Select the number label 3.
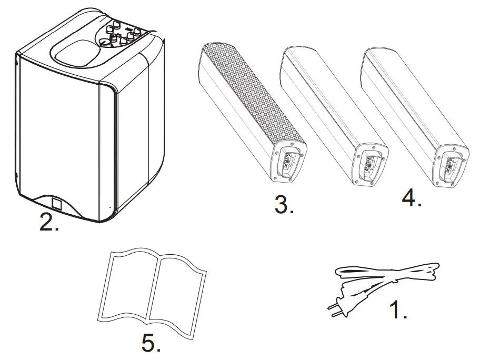click(284, 204)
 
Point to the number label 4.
click(411, 198)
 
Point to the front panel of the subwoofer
click(58, 132)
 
